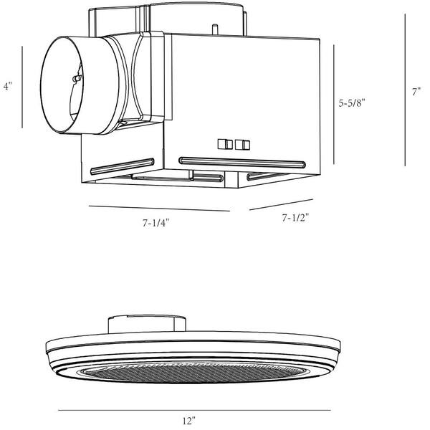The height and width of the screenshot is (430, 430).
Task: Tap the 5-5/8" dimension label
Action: tap(353, 103)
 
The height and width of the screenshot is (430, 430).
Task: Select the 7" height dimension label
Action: tap(416, 92)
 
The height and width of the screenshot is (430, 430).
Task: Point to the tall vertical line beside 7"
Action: tap(405, 90)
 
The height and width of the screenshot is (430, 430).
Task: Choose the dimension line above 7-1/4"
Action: tap(158, 209)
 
